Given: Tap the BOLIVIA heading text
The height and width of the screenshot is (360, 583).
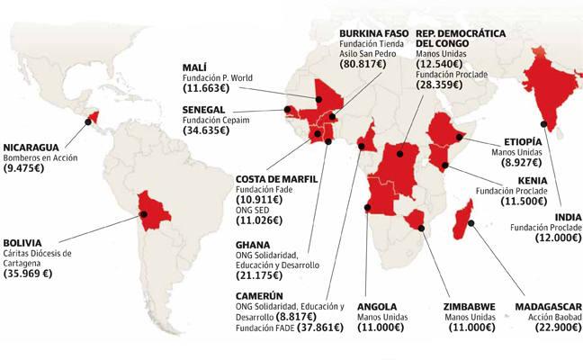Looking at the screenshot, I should tap(23, 241).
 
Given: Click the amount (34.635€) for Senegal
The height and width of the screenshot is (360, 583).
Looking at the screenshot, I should tap(205, 130).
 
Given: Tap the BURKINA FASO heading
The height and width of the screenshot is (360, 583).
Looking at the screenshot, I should tap(373, 33).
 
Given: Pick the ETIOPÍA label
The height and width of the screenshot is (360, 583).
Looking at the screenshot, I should tap(523, 141).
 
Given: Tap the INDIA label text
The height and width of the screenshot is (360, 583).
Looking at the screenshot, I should tap(568, 216).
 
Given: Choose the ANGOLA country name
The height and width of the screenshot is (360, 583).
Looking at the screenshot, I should tap(377, 305).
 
